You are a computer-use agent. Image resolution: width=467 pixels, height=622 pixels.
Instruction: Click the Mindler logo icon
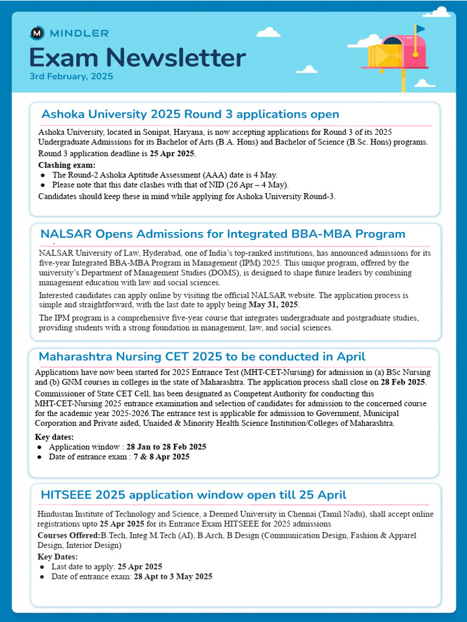[x=36, y=33]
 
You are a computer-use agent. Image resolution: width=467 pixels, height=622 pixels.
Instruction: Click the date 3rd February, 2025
[x=71, y=77]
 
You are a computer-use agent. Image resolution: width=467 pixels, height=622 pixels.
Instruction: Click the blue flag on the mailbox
[x=420, y=29]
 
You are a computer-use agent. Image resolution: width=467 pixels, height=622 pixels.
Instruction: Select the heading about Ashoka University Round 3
[x=190, y=114]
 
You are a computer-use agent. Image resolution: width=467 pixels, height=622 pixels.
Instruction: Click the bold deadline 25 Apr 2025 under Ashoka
[x=172, y=153]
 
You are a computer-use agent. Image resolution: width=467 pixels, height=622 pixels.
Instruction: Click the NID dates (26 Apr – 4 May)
[x=250, y=185]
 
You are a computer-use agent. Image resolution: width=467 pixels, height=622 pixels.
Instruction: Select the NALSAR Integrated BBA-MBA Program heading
[x=223, y=234]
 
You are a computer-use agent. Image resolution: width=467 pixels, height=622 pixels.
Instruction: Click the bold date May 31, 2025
[x=274, y=304]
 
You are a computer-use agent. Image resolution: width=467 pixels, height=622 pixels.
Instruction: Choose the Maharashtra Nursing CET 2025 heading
[x=202, y=357]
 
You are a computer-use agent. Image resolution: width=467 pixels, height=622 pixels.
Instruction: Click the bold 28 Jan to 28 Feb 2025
[x=166, y=446]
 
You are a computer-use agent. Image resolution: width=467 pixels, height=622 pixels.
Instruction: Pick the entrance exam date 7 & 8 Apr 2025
[x=162, y=457]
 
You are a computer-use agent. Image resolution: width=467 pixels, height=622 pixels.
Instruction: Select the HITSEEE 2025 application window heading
[x=193, y=494]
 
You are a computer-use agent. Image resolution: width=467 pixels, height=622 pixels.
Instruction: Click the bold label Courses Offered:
[x=69, y=535]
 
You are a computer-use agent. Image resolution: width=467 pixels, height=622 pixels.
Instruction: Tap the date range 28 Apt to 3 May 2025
[x=173, y=576]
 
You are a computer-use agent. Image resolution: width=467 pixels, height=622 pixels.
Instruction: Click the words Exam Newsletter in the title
[x=137, y=58]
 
